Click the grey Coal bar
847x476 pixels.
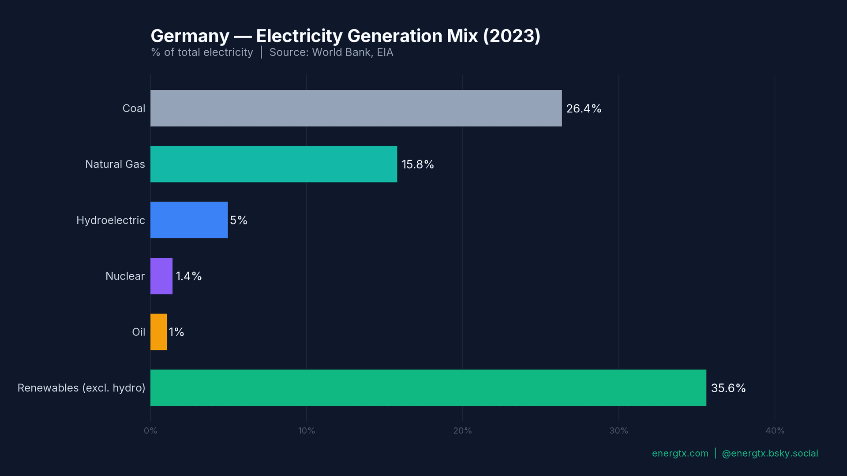coord(356,108)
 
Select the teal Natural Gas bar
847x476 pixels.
coord(274,164)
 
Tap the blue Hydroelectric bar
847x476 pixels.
coord(189,220)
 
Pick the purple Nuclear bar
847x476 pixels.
coord(161,276)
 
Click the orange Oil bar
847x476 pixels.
coord(158,332)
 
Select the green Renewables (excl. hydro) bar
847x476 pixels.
coord(428,388)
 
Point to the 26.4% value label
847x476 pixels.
coord(584,108)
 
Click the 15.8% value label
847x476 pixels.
coord(417,164)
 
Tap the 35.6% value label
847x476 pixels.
coord(728,388)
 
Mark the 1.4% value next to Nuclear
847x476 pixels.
coord(188,276)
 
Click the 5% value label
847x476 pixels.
coord(238,220)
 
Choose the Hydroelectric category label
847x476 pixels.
coord(110,220)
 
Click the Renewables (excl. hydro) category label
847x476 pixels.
coord(81,388)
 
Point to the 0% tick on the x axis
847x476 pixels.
coord(150,431)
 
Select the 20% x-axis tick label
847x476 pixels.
coord(462,431)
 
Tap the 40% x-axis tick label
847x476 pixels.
coord(775,431)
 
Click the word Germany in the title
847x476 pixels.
coord(190,36)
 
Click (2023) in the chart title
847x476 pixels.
coord(511,36)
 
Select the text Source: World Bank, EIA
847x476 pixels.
coord(331,52)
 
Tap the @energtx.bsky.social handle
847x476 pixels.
coord(769,454)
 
